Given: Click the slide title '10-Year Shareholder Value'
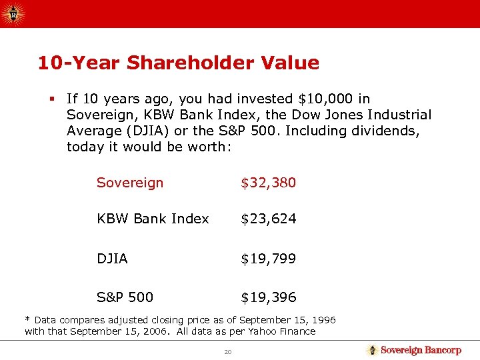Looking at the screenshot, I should coord(179,63).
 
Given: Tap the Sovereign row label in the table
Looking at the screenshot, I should coord(130,183).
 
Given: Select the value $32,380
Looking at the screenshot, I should coord(268,183).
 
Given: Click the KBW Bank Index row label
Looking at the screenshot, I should coord(153,219).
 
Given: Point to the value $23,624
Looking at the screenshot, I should coord(268,219).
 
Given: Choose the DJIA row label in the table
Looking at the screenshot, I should coord(112,258).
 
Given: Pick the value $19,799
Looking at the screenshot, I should coord(268,258).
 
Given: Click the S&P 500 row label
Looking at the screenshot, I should coord(125,297).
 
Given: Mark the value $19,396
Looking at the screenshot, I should coord(268,297).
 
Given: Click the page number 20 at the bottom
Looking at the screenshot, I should coord(228,351).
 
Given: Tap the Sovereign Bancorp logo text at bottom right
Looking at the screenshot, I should coord(421,350).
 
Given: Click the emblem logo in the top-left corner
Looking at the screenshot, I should coord(13,13).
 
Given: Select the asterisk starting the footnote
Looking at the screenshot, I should coord(27,319).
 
